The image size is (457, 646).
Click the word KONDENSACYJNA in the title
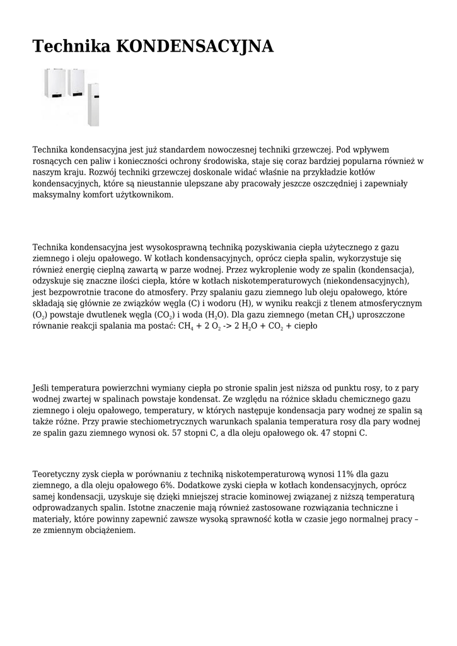click(x=195, y=46)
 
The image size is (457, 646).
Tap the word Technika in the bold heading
click(x=72, y=46)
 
